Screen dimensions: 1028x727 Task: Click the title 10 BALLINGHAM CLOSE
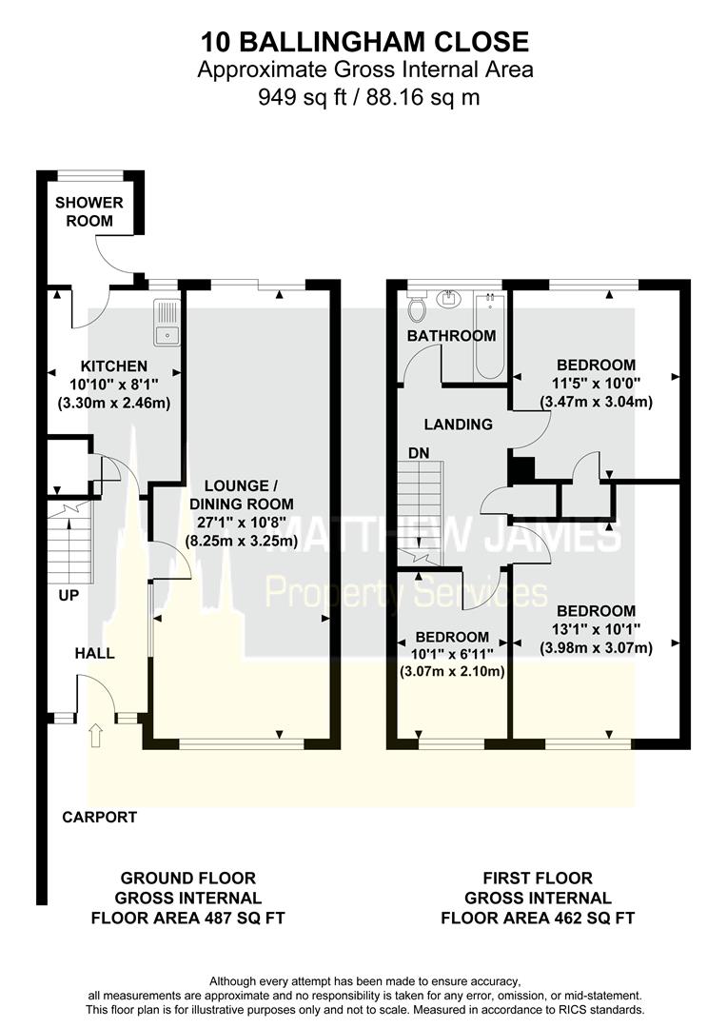point(363,42)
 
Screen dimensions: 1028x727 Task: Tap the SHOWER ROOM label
point(88,211)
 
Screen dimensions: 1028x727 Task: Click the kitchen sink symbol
point(167,321)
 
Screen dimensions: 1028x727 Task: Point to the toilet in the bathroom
point(416,307)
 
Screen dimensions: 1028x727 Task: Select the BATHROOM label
point(451,336)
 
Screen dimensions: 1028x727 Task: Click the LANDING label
point(458,425)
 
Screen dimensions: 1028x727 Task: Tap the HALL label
point(95,653)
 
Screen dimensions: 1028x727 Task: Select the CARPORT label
point(100,817)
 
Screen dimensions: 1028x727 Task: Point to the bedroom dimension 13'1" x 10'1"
point(596,630)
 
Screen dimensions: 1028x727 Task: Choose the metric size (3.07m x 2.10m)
point(451,672)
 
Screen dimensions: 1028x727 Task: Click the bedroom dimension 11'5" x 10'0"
point(596,384)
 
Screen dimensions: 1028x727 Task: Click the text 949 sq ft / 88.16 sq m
point(363,96)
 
